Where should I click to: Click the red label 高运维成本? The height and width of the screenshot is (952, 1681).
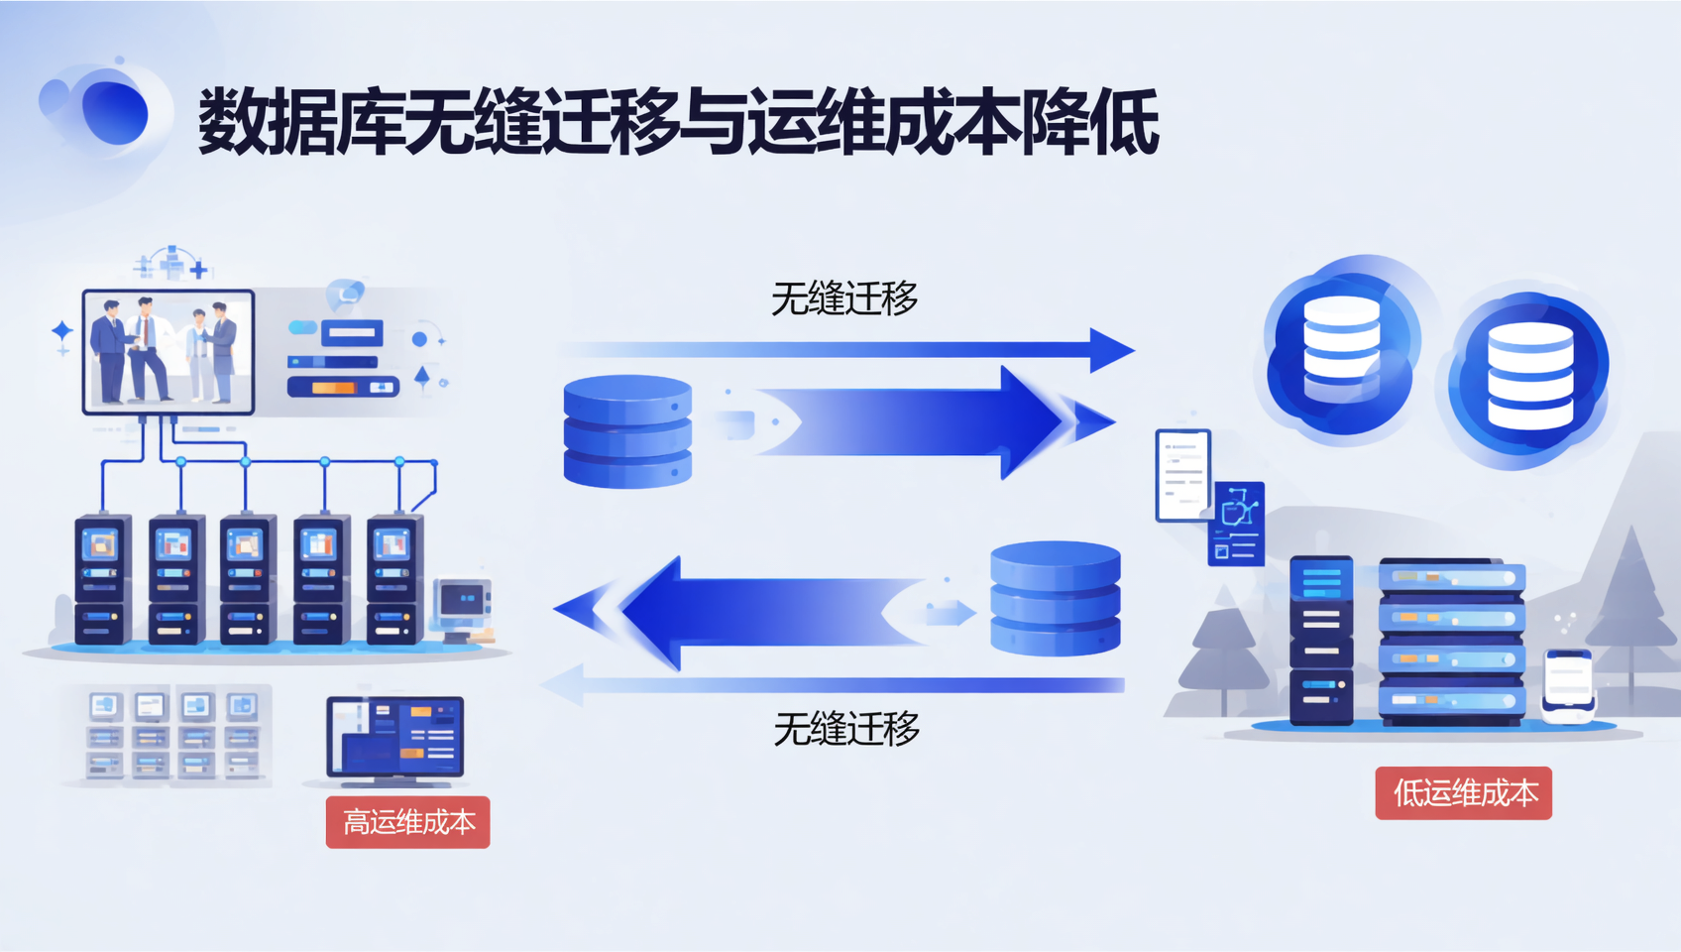(407, 822)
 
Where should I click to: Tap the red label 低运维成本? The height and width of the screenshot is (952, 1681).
(1463, 793)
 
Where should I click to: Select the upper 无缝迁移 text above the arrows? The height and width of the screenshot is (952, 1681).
(844, 298)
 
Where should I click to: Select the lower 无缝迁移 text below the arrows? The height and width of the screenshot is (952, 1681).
(846, 730)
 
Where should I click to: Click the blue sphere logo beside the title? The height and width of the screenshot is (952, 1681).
(113, 112)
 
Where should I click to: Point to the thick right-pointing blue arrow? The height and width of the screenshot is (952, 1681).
(912, 421)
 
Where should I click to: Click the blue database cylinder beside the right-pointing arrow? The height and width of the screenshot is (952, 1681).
(627, 431)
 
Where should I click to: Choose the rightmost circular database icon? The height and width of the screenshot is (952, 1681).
(1529, 376)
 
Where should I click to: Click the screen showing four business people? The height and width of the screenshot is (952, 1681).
(168, 351)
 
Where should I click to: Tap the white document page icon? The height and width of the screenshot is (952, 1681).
(1182, 475)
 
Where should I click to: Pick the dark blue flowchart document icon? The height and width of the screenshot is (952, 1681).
(1237, 523)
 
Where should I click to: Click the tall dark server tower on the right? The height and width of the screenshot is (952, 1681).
(1320, 640)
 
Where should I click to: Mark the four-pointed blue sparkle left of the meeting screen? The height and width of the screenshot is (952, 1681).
(61, 331)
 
